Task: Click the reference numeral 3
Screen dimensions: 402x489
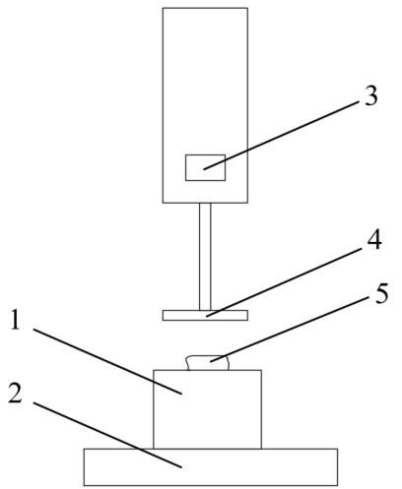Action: click(370, 95)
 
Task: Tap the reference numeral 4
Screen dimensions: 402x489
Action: click(374, 239)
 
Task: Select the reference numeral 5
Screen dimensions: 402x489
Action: click(381, 293)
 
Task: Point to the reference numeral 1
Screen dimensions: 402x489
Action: click(15, 320)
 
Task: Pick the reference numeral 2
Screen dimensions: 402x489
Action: click(15, 394)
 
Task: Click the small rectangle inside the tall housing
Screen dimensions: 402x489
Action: click(205, 167)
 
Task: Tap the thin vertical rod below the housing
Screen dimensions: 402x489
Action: click(205, 257)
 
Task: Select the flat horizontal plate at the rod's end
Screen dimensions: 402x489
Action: click(205, 315)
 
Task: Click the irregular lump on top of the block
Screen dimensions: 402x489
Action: click(208, 363)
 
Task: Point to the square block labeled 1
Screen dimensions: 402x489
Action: click(208, 409)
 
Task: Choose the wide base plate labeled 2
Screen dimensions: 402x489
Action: click(211, 467)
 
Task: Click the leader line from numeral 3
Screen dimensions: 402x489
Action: click(281, 135)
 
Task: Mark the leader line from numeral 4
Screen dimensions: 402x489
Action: click(284, 282)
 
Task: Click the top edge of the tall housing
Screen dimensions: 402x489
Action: click(205, 8)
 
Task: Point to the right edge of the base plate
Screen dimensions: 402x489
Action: click(337, 467)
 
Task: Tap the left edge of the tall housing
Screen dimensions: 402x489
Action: click(163, 105)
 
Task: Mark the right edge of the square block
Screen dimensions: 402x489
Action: click(261, 409)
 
